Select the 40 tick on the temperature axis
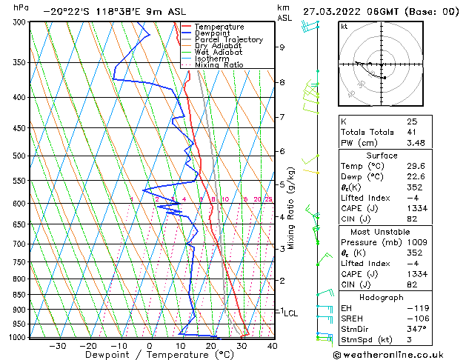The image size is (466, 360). [x=272, y=346]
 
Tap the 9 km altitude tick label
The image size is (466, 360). [x=282, y=47]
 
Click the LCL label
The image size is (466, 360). [x=290, y=313]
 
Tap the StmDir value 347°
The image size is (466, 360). [x=417, y=329]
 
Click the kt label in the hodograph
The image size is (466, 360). [x=344, y=27]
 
